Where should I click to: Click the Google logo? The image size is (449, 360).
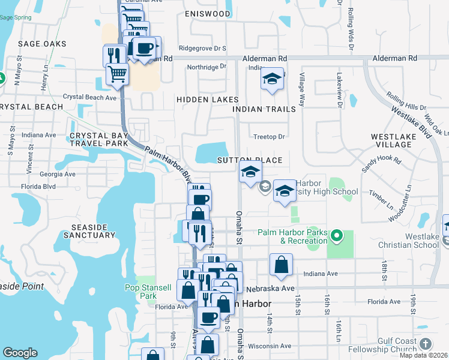click(x=20, y=352)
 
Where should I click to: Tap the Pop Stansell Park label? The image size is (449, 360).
click(x=140, y=292)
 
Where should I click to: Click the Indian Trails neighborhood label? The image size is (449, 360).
click(x=264, y=109)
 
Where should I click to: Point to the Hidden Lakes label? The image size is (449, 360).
click(x=207, y=99)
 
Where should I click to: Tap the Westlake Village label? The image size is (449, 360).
click(x=399, y=140)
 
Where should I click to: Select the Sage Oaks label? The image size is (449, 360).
click(x=43, y=44)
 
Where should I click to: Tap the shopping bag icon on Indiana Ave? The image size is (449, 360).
click(x=281, y=265)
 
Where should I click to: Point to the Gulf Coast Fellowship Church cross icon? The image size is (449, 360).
click(x=426, y=344)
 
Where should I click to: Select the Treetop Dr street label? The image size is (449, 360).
click(x=268, y=137)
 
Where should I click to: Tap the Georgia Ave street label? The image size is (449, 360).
click(x=58, y=174)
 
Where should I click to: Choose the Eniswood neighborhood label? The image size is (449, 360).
click(x=207, y=13)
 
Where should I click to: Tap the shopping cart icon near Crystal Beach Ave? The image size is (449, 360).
click(x=117, y=74)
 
